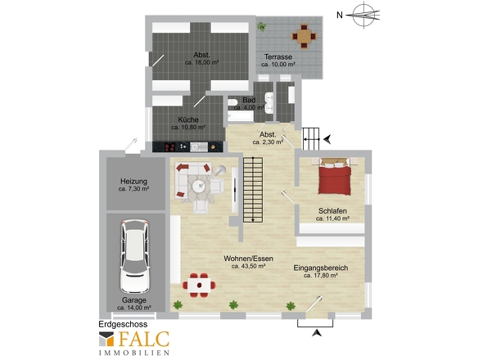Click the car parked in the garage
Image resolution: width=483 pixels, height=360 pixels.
tap(135, 256)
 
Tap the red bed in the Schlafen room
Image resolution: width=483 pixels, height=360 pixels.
tap(335, 177)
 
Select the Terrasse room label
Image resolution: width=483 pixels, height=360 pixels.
tap(278, 57)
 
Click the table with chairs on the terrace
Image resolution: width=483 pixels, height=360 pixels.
tap(304, 36)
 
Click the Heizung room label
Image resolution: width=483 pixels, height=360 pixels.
tap(133, 182)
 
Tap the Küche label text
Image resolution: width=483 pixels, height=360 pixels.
tap(188, 119)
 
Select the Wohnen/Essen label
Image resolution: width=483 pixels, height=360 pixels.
tap(248, 259)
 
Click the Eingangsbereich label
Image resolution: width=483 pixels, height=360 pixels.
tap(321, 268)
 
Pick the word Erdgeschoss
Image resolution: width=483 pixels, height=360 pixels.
tap(123, 324)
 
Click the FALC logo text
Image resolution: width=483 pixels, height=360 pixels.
tap(144, 339)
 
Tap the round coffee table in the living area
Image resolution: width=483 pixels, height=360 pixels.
tap(199, 186)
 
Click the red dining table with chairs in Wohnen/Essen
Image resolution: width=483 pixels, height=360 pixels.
tap(199, 286)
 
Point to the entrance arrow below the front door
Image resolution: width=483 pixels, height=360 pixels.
tap(316, 333)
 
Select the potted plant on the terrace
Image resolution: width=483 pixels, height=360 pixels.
tap(262, 26)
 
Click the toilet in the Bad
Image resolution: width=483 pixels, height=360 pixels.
tap(232, 102)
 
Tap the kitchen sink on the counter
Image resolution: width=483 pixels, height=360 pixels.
tap(199, 147)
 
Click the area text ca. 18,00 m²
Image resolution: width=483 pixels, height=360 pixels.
tap(201, 62)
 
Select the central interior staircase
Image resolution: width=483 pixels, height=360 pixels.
tap(253, 190)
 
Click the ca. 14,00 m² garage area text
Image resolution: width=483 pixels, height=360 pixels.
tap(134, 308)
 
